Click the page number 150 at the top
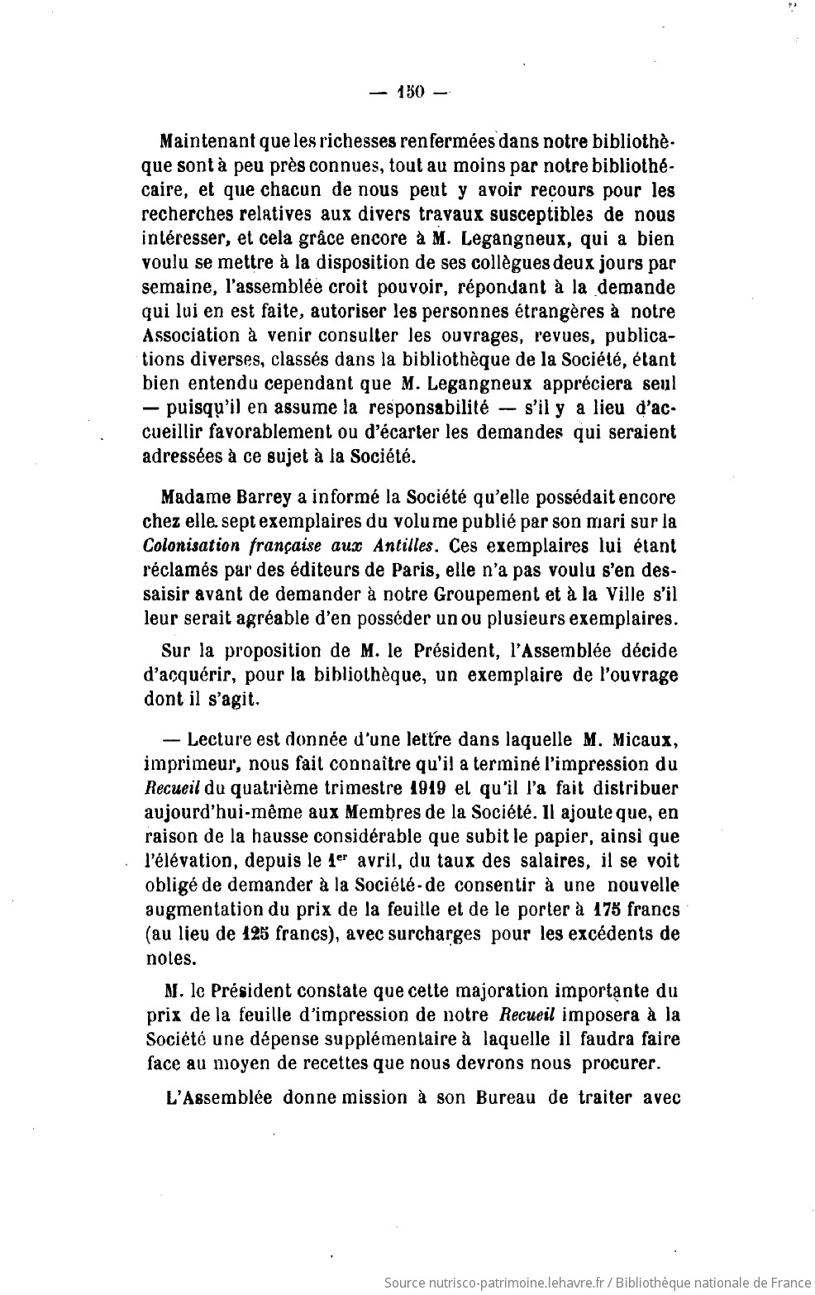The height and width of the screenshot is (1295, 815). click(409, 93)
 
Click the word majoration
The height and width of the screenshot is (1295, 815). click(452, 989)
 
